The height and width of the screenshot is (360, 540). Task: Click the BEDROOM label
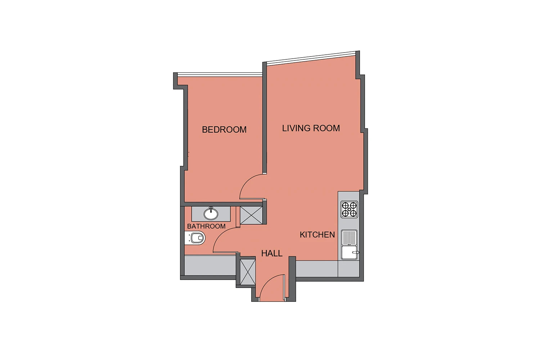[224, 130]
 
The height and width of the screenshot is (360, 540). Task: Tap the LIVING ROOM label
[311, 128]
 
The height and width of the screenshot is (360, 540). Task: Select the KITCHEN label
[317, 235]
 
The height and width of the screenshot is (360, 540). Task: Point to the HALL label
[272, 253]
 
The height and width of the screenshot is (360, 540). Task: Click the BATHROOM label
[206, 226]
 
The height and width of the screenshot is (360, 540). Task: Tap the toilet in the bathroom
[195, 238]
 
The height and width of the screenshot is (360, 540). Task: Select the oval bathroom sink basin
[211, 213]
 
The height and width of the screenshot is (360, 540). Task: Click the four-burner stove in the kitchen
[349, 209]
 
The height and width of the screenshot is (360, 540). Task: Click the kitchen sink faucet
[356, 252]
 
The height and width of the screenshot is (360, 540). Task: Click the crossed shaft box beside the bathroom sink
[251, 215]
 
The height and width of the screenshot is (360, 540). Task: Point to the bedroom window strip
[220, 75]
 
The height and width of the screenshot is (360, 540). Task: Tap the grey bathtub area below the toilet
[210, 265]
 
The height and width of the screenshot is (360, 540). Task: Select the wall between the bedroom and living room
[265, 118]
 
